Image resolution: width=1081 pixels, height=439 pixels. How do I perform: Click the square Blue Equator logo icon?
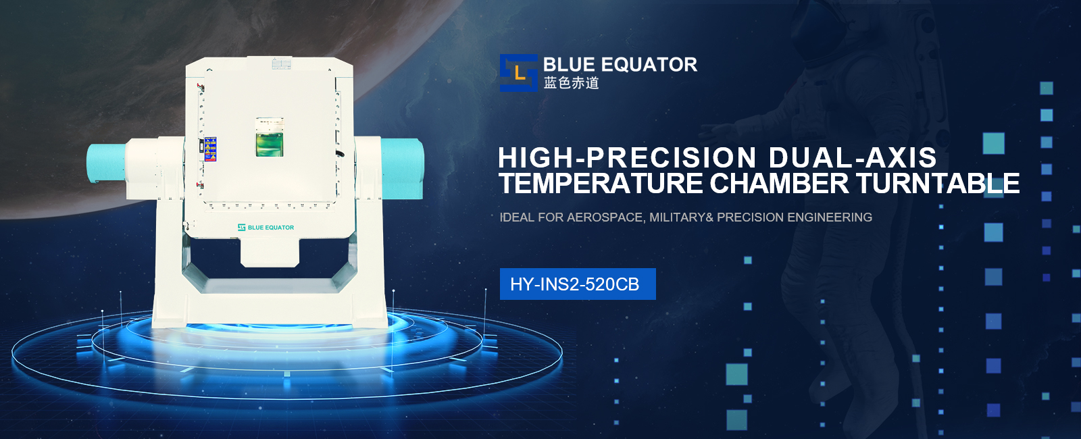pyautogui.click(x=518, y=73)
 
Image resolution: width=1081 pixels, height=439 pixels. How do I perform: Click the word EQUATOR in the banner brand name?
pyautogui.click(x=649, y=65)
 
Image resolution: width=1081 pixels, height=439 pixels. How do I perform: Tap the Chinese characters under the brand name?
pyautogui.click(x=572, y=83)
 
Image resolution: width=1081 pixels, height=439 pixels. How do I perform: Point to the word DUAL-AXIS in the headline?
pyautogui.click(x=853, y=158)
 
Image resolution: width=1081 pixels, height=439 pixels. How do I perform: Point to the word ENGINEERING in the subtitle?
pyautogui.click(x=830, y=217)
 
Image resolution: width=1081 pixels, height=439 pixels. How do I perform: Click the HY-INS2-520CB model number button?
pyautogui.click(x=578, y=284)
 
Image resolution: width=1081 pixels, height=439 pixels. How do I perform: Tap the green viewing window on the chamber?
pyautogui.click(x=270, y=137)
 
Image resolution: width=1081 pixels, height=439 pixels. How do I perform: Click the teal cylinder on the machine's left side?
pyautogui.click(x=107, y=163)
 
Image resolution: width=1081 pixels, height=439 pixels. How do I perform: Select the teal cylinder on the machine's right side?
pyautogui.click(x=403, y=168)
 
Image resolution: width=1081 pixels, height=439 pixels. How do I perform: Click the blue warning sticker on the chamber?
pyautogui.click(x=210, y=149)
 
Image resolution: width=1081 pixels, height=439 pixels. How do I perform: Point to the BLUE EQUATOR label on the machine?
pyautogui.click(x=266, y=227)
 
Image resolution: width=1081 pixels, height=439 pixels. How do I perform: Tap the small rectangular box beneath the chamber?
pyautogui.click(x=270, y=252)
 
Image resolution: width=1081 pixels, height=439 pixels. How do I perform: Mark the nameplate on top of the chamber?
pyautogui.click(x=281, y=63)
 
